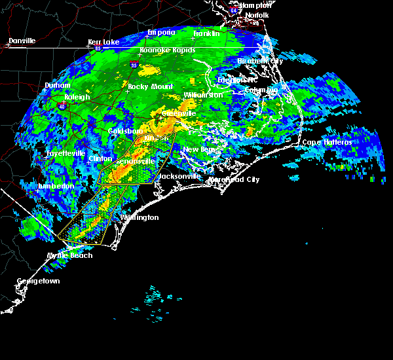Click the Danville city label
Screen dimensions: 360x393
22,41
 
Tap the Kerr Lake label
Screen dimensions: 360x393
103,42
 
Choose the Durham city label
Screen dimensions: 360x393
57,86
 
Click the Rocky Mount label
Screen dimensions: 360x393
151,86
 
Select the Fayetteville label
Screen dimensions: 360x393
65,153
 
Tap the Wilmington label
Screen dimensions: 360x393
139,217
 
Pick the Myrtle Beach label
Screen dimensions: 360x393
69,255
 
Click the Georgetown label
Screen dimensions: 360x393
38,281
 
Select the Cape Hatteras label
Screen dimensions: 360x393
327,142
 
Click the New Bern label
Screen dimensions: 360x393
198,149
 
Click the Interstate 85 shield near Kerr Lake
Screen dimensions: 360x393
98,48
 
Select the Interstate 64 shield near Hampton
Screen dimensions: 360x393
234,10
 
